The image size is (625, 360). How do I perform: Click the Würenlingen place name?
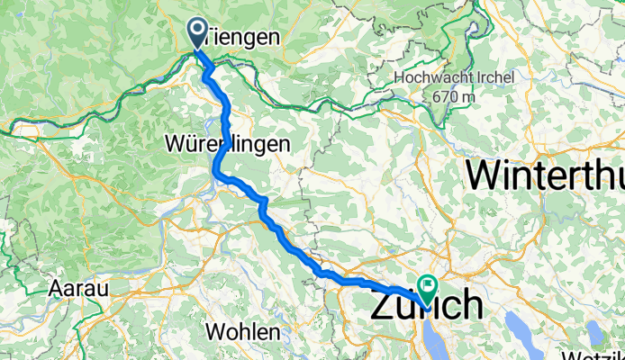click(227, 143)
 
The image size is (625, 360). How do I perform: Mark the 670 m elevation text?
click(454, 96)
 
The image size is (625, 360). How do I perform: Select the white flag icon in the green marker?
click(425, 285)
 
